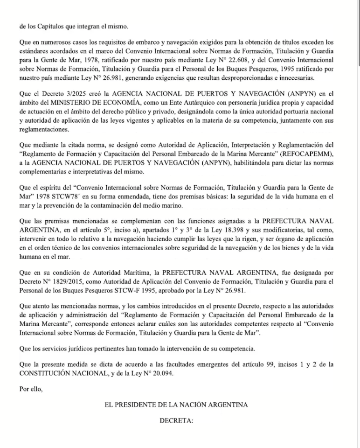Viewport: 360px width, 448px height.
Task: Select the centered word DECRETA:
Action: (x=176, y=420)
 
